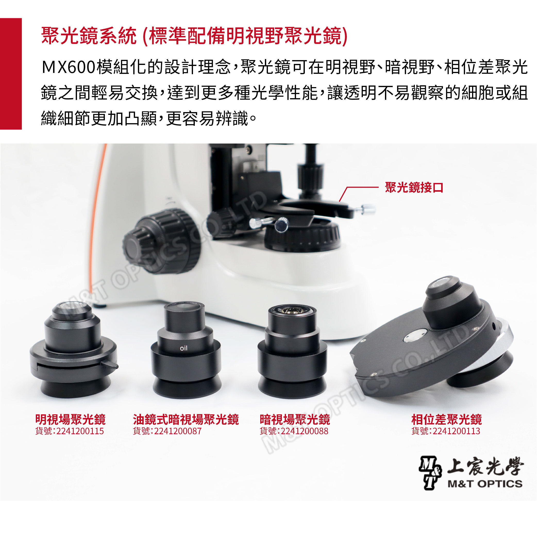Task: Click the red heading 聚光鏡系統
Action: tap(89, 36)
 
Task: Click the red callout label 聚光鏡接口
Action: tap(414, 187)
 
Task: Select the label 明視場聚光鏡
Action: tap(70, 419)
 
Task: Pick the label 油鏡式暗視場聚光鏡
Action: tap(186, 419)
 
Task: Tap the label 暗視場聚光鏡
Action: tap(295, 419)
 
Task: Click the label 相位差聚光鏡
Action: tap(446, 419)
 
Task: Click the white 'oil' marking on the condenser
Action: tap(184, 348)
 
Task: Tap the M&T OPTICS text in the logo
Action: tap(485, 484)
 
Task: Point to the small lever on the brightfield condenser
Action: tap(110, 364)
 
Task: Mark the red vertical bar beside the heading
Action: tap(11, 74)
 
